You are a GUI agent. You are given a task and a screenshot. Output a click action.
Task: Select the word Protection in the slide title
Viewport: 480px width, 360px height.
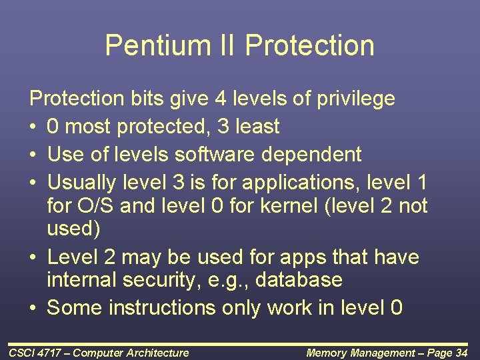(309, 45)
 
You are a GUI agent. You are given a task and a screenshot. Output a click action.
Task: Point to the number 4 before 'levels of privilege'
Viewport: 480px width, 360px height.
(220, 99)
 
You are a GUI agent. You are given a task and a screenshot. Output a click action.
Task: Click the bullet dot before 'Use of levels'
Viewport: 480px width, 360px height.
(34, 155)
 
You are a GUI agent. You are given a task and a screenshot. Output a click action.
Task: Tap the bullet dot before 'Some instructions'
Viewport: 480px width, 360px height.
(34, 308)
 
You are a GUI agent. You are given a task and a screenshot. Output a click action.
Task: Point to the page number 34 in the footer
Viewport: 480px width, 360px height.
(461, 353)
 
